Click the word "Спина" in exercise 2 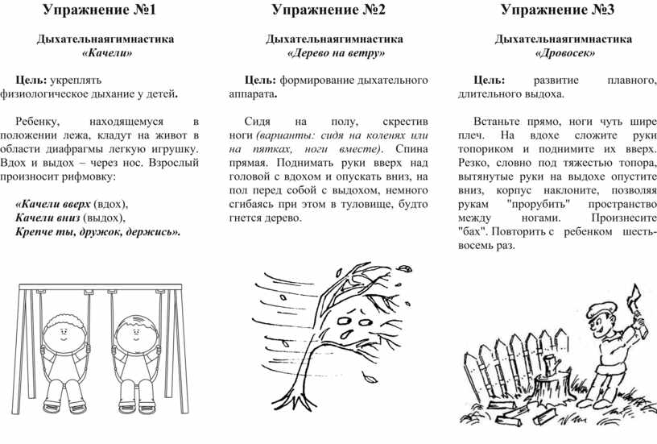pos(411,148)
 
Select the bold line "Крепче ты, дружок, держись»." pos(98,231)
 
